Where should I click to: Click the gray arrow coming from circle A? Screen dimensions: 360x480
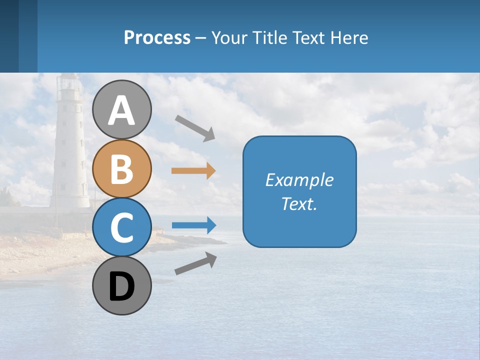(194, 127)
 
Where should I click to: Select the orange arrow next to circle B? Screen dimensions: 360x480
(193, 171)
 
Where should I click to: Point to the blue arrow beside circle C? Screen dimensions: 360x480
(193, 225)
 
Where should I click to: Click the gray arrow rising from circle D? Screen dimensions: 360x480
(195, 263)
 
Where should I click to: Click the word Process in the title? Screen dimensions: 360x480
(157, 37)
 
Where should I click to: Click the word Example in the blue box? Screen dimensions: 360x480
(299, 180)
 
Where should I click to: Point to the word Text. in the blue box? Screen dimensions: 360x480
(299, 204)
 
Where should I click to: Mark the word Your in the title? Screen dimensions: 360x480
(228, 37)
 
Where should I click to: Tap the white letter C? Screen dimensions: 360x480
(121, 228)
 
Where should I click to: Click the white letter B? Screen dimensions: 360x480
(121, 169)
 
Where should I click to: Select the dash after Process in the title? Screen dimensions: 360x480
(201, 38)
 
